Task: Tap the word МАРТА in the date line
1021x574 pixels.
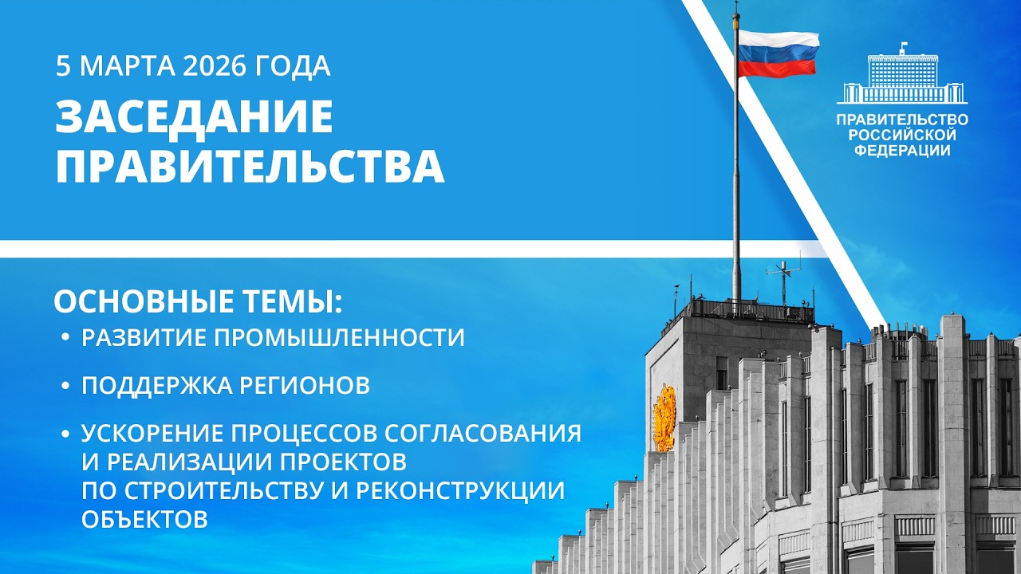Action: coord(124,66)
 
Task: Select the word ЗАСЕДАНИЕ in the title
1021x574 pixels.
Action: coord(194,118)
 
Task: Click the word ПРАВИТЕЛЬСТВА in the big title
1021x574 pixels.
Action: coord(250,167)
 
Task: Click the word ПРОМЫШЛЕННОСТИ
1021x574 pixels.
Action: coord(338,338)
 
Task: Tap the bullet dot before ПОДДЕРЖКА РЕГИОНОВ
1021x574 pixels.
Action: coord(65,387)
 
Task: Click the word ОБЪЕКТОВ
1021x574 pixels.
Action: coord(144,519)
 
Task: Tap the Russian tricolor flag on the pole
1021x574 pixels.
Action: coord(778,53)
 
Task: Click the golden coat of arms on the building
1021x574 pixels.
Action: coord(664,419)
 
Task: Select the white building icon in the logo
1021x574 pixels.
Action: coord(902,78)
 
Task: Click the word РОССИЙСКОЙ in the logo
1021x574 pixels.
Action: coord(902,135)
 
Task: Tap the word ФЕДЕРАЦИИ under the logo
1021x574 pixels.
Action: coord(902,150)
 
